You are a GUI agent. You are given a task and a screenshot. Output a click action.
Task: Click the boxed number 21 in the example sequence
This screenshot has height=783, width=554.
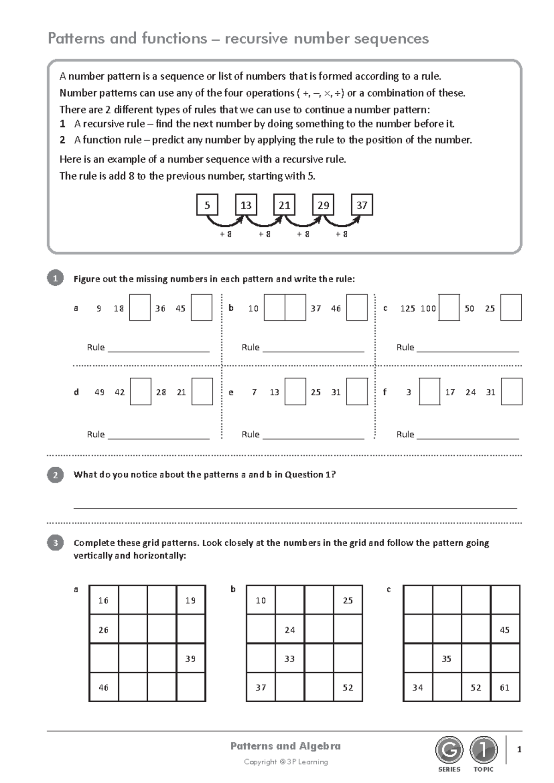point(284,205)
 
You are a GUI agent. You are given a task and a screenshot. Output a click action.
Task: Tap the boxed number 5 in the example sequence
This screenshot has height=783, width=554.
point(207,205)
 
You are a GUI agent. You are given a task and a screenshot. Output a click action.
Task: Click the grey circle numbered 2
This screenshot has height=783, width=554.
point(55,475)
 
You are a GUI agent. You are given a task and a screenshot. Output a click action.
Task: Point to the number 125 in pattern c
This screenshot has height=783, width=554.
point(408,308)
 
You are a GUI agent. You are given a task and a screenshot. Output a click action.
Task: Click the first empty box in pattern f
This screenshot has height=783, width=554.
point(429,392)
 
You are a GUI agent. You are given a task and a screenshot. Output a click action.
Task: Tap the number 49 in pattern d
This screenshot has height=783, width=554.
point(99,392)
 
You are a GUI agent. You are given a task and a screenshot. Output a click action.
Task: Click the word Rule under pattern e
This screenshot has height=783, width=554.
point(250,434)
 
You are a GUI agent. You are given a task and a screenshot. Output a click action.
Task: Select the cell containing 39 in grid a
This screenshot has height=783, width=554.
point(191,658)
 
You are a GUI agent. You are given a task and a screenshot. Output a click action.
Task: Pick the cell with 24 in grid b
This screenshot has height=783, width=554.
point(289,630)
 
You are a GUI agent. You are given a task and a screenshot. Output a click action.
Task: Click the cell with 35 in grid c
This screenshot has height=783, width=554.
point(446,658)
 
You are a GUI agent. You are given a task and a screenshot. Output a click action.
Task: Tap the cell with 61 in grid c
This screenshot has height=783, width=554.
point(505,687)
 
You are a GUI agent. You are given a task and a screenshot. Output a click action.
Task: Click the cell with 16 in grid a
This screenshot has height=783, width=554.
point(103,600)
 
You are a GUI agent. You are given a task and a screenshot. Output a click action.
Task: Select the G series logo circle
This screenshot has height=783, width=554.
point(449,750)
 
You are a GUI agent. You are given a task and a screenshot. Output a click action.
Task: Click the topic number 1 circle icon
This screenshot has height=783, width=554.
point(483,750)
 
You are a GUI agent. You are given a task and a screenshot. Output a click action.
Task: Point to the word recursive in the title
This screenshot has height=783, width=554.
point(256,38)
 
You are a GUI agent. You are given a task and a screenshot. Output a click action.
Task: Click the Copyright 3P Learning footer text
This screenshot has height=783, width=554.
point(286,762)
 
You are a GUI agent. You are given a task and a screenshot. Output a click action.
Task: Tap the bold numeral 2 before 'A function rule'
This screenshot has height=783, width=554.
point(62,140)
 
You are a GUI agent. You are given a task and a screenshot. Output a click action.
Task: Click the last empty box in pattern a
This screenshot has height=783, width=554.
point(201,308)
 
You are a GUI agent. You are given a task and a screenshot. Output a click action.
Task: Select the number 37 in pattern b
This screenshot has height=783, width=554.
point(315,308)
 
